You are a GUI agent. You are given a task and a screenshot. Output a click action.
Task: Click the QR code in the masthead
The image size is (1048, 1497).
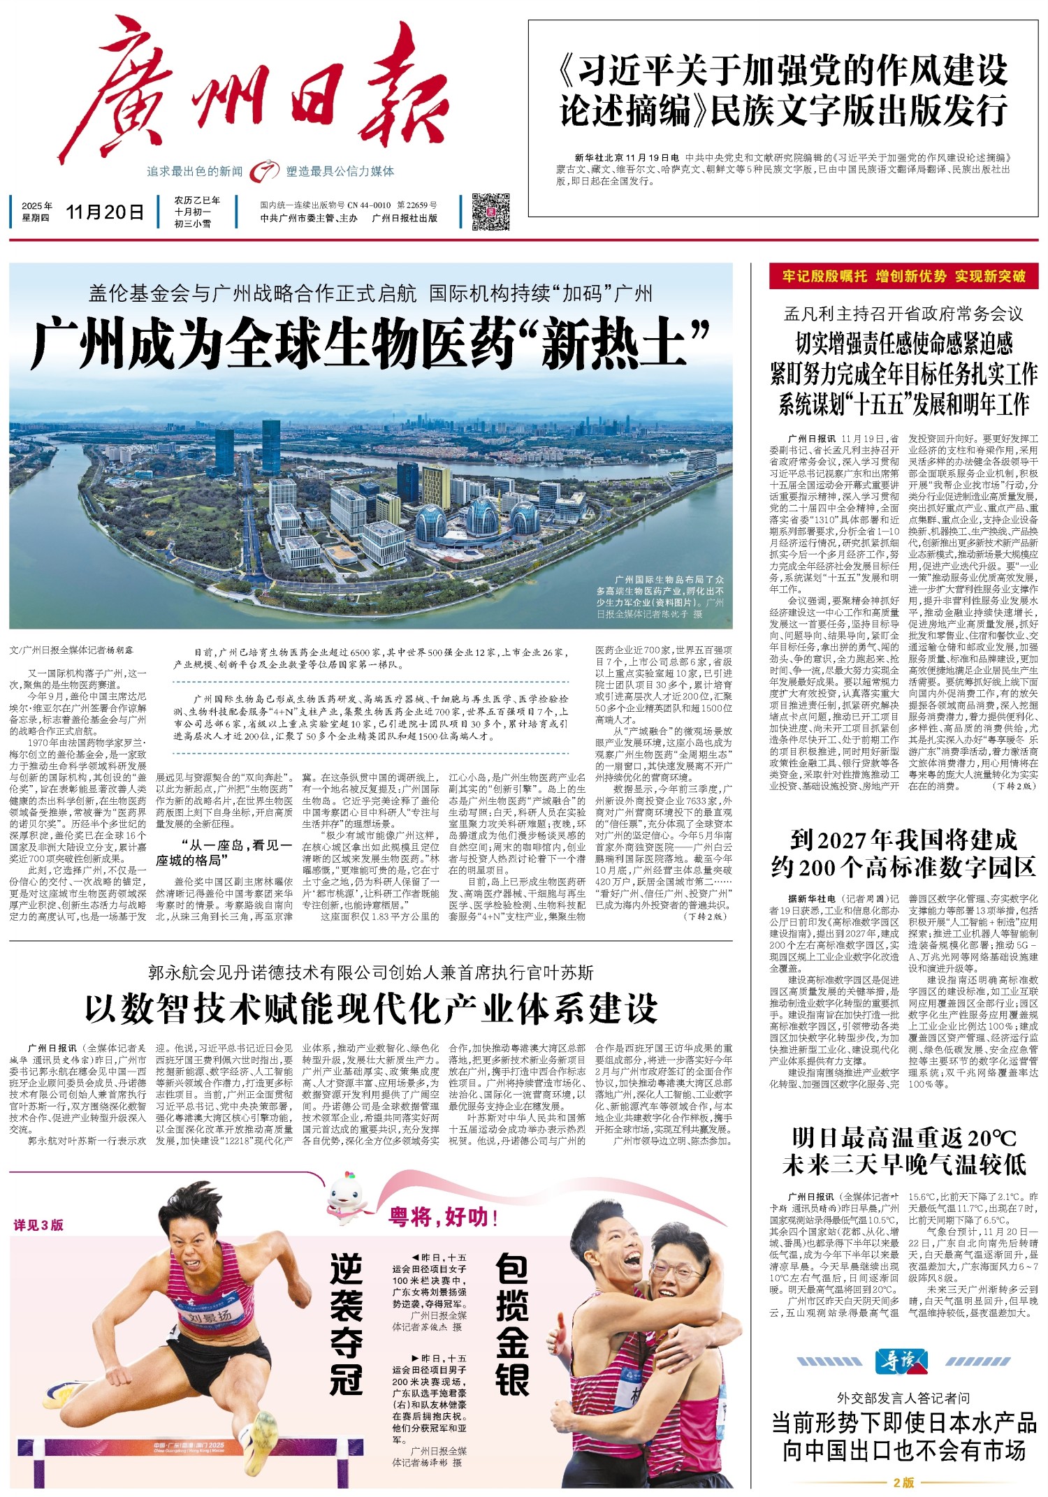point(490,212)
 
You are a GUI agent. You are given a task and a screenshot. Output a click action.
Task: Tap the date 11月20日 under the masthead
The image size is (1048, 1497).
point(105,212)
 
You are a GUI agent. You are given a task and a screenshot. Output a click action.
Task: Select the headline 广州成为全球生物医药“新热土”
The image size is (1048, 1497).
point(371,342)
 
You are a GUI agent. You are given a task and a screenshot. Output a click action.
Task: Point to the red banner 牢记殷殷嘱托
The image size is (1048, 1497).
point(903,277)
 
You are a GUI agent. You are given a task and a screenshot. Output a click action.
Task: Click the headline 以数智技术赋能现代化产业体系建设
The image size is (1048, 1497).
point(371,1009)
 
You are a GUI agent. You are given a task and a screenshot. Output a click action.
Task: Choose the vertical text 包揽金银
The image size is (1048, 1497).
point(512,1324)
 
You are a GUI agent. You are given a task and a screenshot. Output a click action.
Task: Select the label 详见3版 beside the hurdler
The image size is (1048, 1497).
point(38,1225)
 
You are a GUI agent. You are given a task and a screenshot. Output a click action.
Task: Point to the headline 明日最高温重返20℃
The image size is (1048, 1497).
point(903,1138)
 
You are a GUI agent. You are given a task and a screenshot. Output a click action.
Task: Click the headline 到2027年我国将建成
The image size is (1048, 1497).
point(903,839)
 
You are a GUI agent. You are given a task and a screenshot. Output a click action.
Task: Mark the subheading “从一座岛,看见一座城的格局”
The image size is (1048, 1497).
point(224,852)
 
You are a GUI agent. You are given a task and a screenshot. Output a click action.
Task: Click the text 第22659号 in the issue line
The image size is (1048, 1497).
point(417,205)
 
